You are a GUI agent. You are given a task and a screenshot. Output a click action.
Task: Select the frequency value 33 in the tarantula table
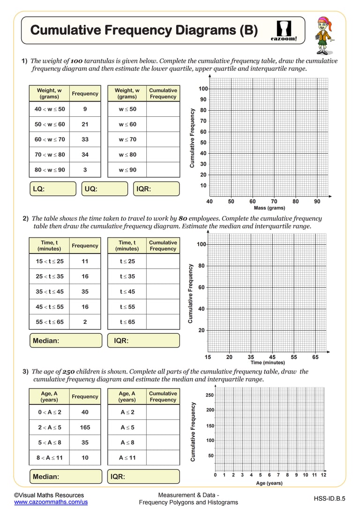pos(85,139)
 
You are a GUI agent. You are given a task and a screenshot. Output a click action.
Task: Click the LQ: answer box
pos(52,189)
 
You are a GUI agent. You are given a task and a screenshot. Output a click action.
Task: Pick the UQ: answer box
pos(105,189)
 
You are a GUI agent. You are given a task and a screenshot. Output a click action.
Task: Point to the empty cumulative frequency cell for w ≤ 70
pos(163,139)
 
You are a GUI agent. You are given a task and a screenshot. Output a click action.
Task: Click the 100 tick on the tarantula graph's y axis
pos(203,89)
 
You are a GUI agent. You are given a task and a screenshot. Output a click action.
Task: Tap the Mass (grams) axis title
pos(269,208)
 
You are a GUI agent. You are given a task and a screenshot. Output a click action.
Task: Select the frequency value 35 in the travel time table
pos(85,292)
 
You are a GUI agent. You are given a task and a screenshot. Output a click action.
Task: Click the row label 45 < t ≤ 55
pos(49,307)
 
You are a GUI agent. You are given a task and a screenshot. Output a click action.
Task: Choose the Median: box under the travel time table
pos(66,341)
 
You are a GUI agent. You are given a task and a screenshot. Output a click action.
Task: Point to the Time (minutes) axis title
pos(268,362)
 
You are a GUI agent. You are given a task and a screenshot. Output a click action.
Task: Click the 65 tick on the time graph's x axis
pos(315,357)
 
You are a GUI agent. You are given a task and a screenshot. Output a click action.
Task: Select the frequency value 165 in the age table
pos(85,427)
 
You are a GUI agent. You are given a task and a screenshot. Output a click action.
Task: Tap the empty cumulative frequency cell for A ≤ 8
pos(163,442)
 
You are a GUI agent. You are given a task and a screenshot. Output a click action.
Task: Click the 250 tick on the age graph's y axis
pos(210,395)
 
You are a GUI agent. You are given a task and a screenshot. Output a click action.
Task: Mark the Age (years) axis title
pos(269,483)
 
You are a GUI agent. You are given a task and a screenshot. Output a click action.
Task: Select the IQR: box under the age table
pos(143,477)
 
